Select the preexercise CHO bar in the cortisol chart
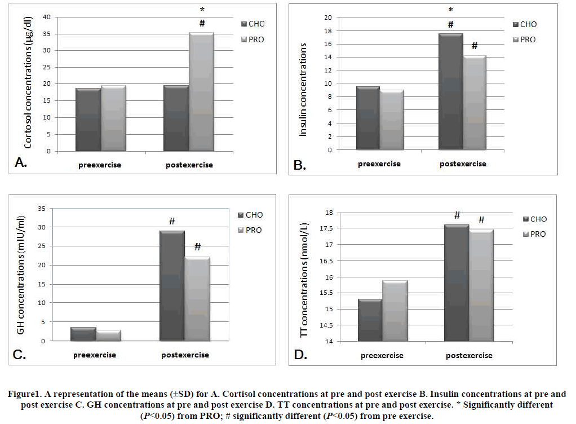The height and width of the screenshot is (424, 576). [x=88, y=120]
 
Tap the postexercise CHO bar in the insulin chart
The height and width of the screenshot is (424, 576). [x=450, y=92]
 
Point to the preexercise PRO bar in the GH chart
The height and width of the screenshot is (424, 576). [x=109, y=335]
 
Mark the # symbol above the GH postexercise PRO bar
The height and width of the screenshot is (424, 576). [x=197, y=247]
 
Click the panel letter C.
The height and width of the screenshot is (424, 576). [x=20, y=354]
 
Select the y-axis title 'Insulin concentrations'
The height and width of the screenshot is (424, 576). [x=303, y=91]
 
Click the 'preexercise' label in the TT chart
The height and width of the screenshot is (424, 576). [x=382, y=356]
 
